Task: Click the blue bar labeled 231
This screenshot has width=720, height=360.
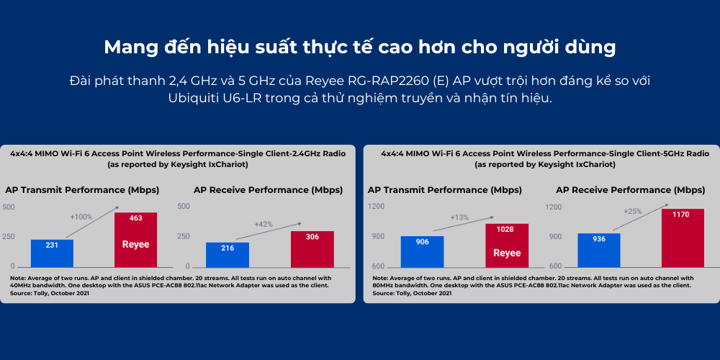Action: click(x=52, y=253)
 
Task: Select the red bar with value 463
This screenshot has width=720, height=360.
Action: click(x=135, y=240)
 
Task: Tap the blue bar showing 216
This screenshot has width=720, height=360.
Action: click(x=228, y=255)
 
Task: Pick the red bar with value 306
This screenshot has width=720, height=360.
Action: click(x=312, y=249)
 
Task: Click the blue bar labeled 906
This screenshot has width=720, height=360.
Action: click(x=422, y=251)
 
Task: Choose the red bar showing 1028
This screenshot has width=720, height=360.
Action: click(x=507, y=246)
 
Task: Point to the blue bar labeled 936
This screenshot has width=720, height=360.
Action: click(x=599, y=251)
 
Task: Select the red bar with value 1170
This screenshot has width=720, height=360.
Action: click(x=683, y=238)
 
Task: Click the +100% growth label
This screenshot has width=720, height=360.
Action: click(x=81, y=216)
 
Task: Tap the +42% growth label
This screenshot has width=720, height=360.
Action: click(x=264, y=225)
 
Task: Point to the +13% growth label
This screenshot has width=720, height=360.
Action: click(x=459, y=217)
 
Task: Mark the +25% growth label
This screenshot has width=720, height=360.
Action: click(x=632, y=211)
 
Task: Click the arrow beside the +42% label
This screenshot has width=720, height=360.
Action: click(x=269, y=231)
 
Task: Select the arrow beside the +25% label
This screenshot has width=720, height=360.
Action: click(x=640, y=217)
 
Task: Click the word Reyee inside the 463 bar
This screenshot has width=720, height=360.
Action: click(x=135, y=245)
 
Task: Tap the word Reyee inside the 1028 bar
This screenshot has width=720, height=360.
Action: click(x=507, y=253)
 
